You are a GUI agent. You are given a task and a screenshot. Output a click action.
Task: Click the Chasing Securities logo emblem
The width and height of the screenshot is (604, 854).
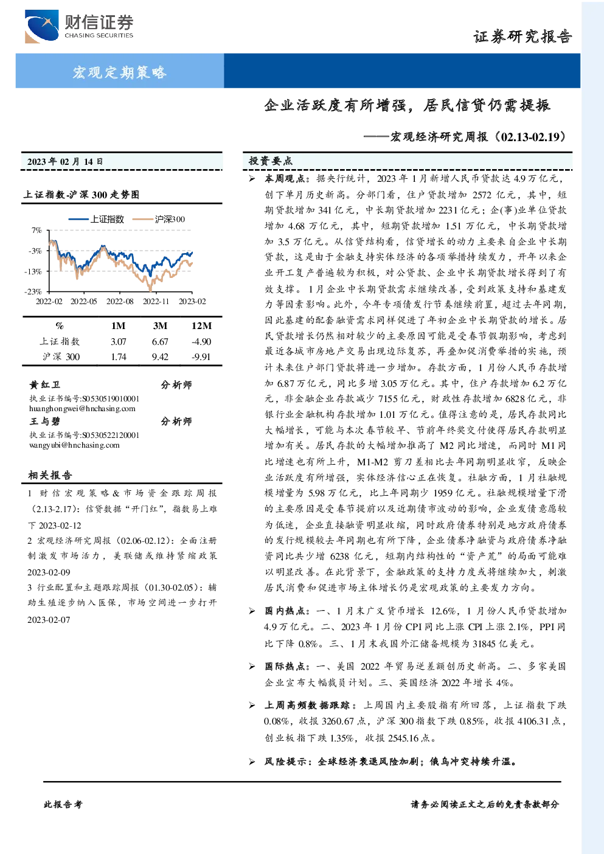(41, 26)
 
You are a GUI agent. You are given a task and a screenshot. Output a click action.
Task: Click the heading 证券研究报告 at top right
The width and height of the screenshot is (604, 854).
(522, 36)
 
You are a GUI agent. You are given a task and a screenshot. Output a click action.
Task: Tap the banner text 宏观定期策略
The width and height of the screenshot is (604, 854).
(119, 72)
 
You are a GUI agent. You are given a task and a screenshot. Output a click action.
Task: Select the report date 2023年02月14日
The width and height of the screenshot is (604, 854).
(65, 162)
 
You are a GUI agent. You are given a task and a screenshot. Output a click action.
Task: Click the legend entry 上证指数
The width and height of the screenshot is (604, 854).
(97, 219)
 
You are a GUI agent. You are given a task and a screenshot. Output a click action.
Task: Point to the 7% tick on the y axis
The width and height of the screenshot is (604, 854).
(36, 231)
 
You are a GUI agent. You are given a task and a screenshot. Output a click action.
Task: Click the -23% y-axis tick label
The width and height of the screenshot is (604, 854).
(33, 291)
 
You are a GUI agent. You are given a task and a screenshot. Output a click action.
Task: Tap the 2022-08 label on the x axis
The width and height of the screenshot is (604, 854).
(120, 301)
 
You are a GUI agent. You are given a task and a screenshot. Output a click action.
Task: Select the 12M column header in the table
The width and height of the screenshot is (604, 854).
(201, 326)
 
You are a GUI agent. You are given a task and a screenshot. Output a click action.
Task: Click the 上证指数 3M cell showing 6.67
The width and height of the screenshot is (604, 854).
(160, 342)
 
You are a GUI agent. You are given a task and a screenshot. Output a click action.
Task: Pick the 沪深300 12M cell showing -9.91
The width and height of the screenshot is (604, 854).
(201, 357)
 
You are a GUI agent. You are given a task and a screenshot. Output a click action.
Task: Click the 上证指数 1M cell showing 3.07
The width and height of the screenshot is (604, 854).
(119, 342)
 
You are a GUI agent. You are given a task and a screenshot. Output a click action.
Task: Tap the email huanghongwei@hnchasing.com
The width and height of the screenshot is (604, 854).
(82, 409)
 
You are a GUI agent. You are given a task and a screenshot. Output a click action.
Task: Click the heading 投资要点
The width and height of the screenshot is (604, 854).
(271, 161)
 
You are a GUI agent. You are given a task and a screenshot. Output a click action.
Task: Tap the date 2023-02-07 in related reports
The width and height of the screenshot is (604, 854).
(49, 620)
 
